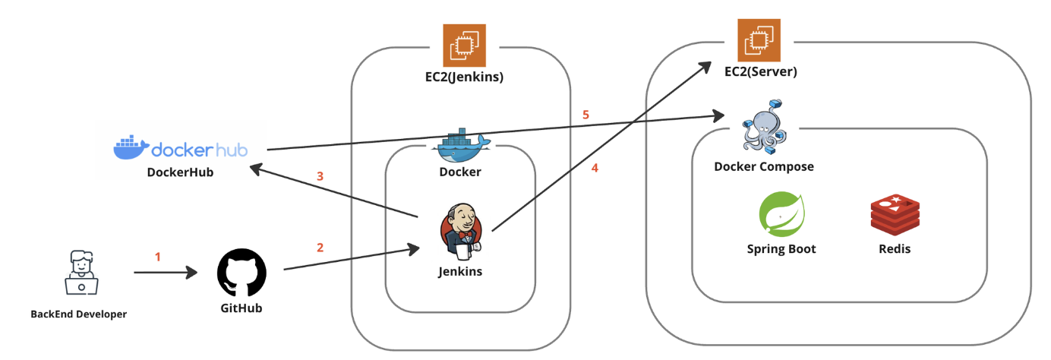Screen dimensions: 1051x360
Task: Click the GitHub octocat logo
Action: coord(241,272)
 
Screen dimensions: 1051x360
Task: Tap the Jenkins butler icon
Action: coord(461,232)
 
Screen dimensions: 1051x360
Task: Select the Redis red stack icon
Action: coord(895,214)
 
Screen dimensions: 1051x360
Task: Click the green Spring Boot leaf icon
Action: coord(781,214)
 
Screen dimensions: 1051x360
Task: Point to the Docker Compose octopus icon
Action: coord(764,127)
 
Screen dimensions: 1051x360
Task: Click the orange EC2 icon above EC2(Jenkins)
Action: coord(464,46)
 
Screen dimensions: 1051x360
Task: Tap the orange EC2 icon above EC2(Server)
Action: coord(759,40)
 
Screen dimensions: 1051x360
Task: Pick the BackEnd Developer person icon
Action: coord(82,272)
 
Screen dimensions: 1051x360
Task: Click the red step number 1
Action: coord(158,257)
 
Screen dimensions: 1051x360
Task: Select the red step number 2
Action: coord(320,248)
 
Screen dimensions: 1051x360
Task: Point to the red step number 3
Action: coord(320,176)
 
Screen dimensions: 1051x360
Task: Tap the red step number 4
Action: coord(595,168)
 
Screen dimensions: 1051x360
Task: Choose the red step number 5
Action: coord(585,115)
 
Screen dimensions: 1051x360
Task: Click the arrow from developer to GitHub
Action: coord(166,272)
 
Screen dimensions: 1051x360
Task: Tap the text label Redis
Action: coord(895,249)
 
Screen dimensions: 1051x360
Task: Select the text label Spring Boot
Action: coord(781,249)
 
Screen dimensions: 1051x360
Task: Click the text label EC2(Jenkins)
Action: coord(464,77)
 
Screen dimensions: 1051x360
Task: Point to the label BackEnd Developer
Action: coord(78,314)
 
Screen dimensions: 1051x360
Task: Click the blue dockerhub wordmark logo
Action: coord(181,148)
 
